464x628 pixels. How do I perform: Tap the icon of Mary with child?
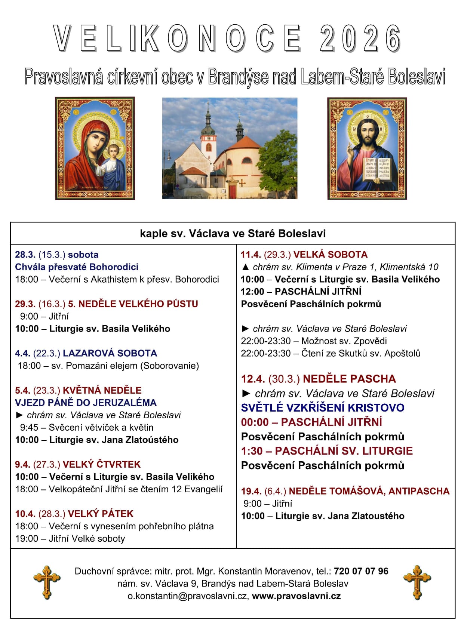coord(95,148)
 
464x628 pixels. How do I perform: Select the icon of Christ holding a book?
coord(367,148)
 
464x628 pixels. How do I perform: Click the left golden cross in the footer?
coord(47,582)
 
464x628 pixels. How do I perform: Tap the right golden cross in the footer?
coord(417,582)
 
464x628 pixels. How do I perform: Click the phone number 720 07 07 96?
coord(361,571)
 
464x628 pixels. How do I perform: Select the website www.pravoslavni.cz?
coord(296,596)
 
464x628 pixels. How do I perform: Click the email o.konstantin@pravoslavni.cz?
coord(188,596)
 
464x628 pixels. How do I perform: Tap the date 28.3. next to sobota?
coord(25,255)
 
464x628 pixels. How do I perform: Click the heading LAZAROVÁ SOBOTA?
coord(110,353)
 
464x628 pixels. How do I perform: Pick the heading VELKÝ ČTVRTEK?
coord(102,464)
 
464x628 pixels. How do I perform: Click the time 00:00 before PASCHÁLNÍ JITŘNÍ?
coord(255,422)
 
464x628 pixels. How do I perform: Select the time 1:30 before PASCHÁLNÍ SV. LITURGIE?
coord(252,451)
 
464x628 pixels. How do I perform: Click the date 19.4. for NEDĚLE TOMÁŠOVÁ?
coord(251,491)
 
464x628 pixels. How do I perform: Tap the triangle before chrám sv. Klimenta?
coord(245,267)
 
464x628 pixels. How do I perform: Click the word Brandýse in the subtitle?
coord(238,77)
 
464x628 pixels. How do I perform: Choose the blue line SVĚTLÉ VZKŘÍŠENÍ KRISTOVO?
coord(323,407)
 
